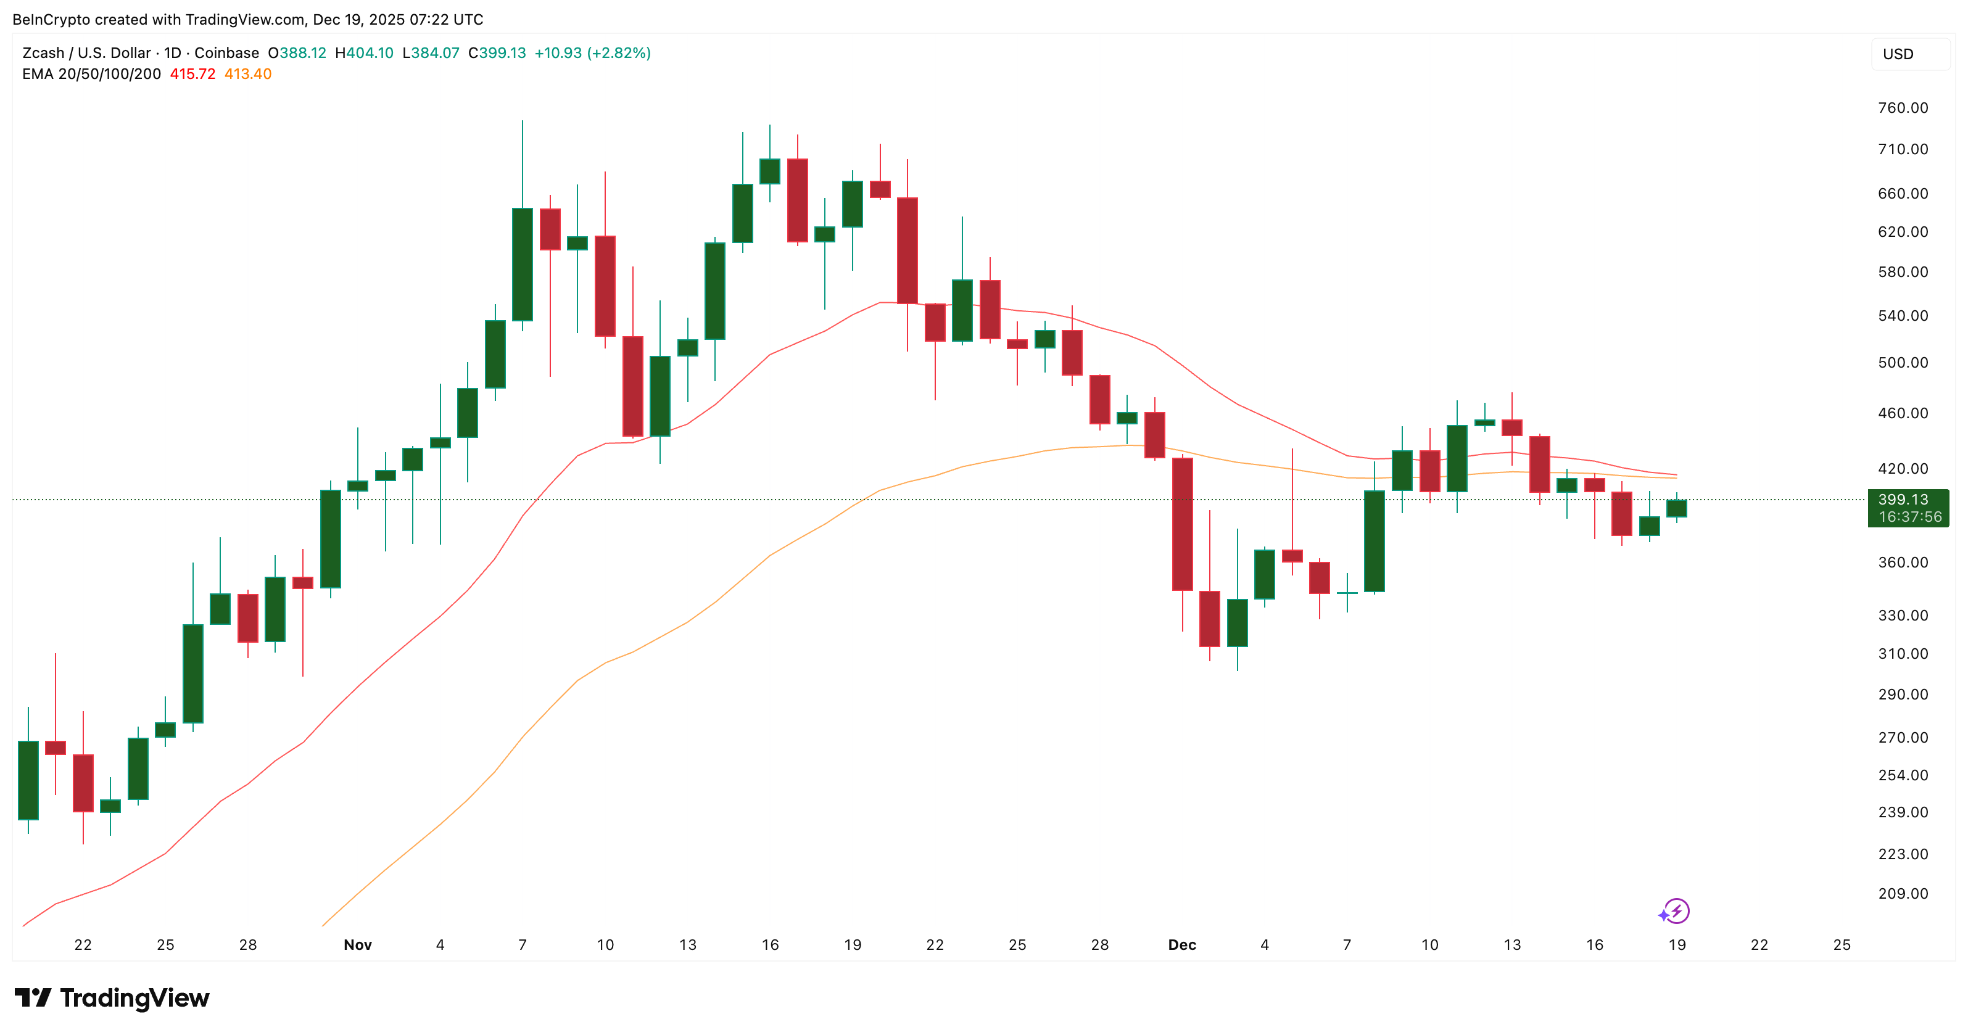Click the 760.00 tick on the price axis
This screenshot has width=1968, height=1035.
1903,108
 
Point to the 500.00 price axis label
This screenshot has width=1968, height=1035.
1903,363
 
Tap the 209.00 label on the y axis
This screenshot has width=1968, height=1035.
1903,894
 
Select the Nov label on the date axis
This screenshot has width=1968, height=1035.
358,945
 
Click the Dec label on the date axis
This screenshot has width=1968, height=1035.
1182,945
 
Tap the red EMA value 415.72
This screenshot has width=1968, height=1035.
192,74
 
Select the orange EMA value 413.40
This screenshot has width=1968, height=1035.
247,74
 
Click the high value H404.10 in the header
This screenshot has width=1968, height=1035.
365,52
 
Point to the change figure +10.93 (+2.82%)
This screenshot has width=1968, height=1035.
592,52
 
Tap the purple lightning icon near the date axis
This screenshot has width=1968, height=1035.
1674,911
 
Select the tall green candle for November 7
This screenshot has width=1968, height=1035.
523,263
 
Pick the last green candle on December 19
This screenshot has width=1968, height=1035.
1677,509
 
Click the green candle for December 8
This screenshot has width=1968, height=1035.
1375,541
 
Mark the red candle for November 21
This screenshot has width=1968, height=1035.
908,250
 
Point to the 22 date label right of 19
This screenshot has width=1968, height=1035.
1759,945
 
